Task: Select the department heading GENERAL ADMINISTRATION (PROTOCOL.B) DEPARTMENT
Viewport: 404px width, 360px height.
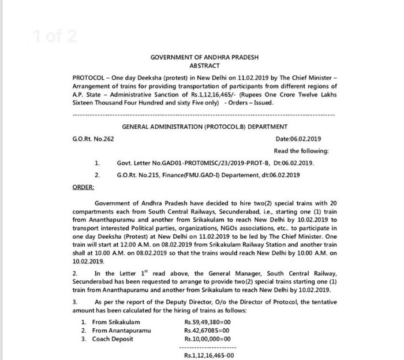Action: point(205,126)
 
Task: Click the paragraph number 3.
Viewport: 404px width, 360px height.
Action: point(74,302)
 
